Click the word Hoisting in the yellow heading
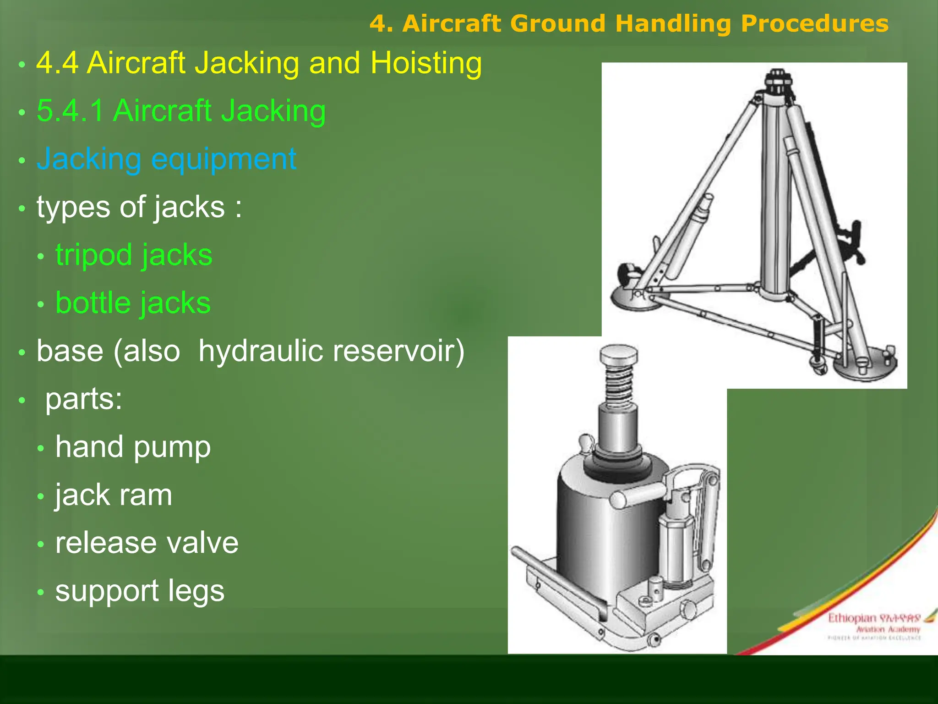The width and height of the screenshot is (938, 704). click(x=426, y=63)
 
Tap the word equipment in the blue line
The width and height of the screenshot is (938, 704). click(x=224, y=159)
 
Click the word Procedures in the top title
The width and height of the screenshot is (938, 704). click(x=814, y=23)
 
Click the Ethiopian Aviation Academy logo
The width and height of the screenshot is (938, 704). click(x=873, y=626)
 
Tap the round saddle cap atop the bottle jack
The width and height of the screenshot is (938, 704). click(x=619, y=353)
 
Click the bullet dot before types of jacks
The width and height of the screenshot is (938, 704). click(x=22, y=209)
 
